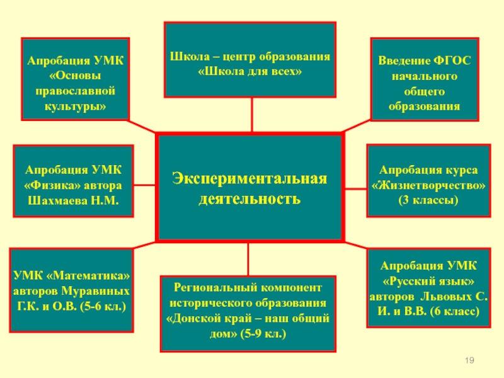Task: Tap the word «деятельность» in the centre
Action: pos(250,200)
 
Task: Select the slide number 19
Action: pos(469,359)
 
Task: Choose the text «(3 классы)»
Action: pos(428,200)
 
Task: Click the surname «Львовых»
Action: pos(449,297)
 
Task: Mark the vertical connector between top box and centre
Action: pos(251,115)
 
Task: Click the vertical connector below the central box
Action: pos(248,258)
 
